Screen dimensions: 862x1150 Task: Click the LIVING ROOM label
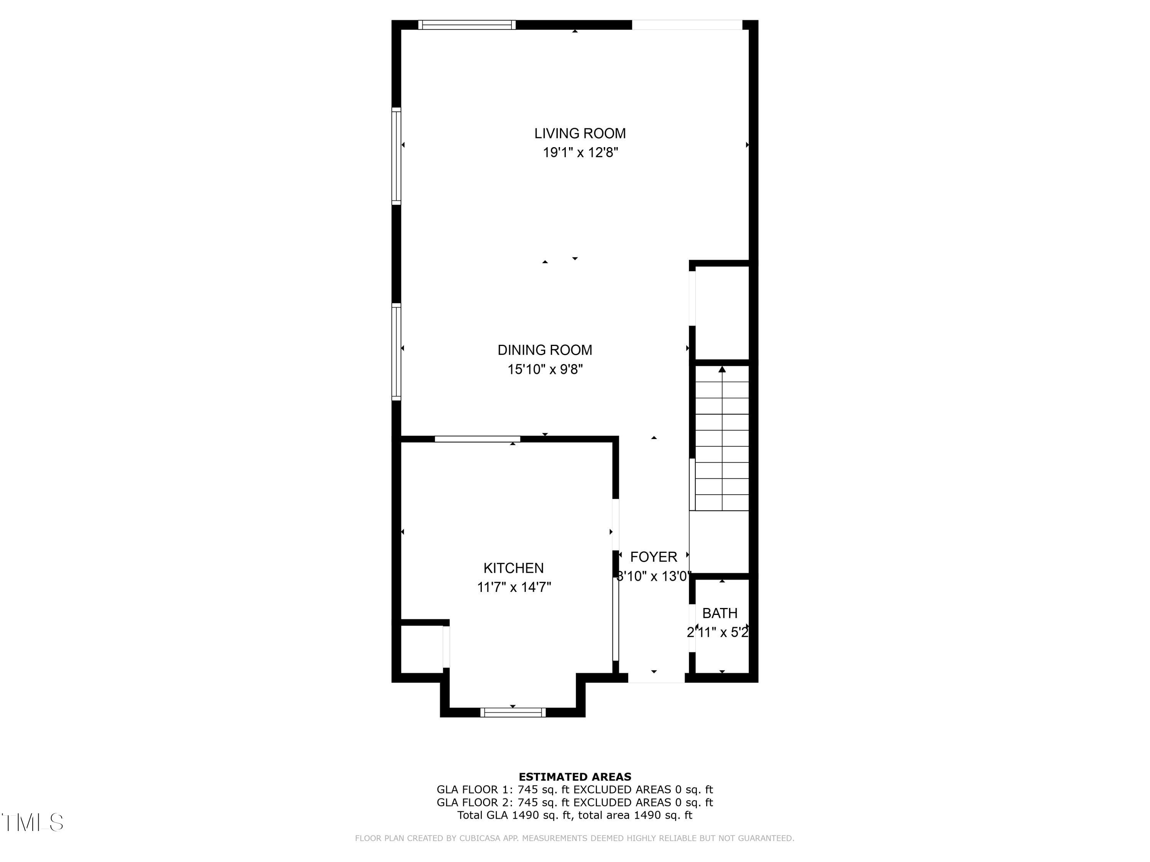point(580,134)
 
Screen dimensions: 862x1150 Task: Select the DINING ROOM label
point(545,350)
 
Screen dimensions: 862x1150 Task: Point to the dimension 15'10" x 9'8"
point(545,369)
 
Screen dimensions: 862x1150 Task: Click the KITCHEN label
point(514,568)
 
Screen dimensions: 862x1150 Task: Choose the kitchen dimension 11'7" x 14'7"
point(514,587)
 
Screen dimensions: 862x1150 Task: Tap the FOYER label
point(654,557)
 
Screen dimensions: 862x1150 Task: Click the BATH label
point(720,613)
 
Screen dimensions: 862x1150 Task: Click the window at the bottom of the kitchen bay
point(513,712)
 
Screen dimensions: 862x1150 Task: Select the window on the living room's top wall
point(467,25)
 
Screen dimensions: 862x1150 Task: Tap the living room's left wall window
point(396,156)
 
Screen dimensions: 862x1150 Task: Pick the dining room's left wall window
point(396,352)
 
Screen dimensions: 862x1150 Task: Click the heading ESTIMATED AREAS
point(575,777)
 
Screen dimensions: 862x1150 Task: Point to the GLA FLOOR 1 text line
point(575,790)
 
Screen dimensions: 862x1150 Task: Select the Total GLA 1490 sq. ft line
point(575,815)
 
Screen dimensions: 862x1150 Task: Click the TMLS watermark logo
point(32,823)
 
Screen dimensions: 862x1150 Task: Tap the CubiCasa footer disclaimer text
point(575,838)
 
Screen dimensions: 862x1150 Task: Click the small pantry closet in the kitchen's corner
point(422,649)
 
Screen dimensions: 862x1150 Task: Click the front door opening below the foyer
point(656,678)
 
